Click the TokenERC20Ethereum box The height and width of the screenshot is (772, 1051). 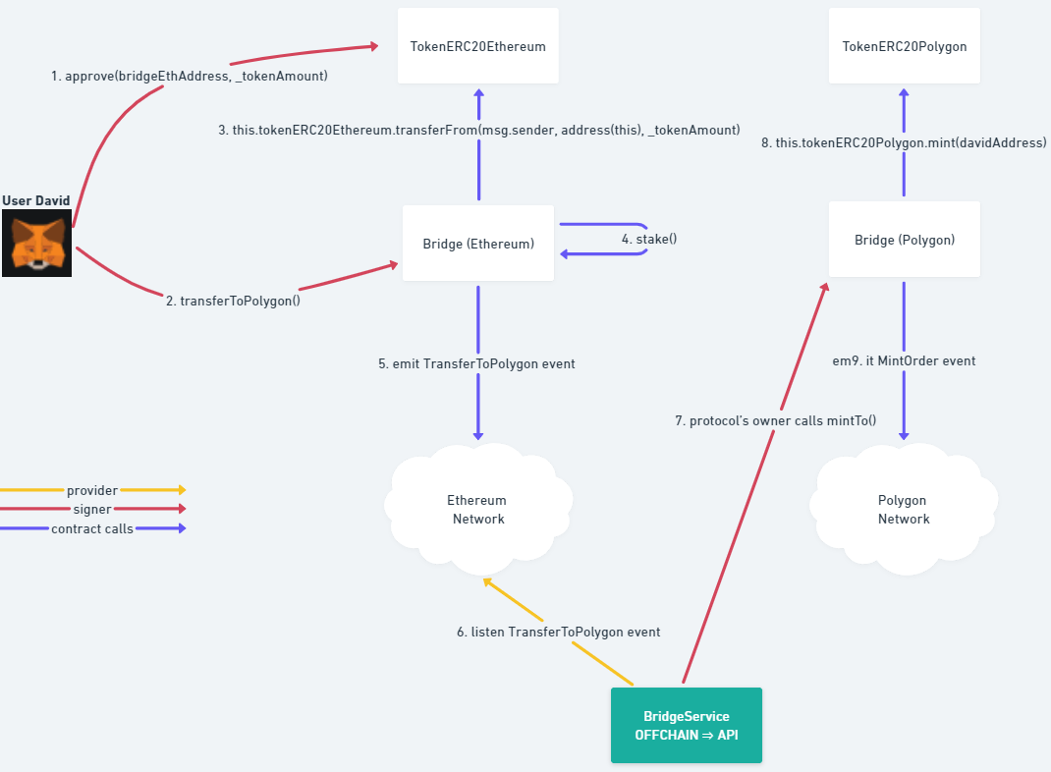tap(478, 46)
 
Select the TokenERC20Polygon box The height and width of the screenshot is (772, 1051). tap(904, 46)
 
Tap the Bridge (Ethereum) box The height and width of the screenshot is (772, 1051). tap(478, 243)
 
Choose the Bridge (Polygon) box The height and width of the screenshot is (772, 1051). tap(904, 240)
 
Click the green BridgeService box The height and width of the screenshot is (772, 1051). tap(686, 725)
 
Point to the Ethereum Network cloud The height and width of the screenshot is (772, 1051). tap(477, 509)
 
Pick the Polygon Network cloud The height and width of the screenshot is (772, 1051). tap(903, 509)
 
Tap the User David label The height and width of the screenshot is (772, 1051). tap(36, 200)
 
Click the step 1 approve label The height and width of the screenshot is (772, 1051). tap(189, 76)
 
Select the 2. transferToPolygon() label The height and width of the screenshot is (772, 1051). tap(233, 302)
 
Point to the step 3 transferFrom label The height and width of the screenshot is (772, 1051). tap(478, 130)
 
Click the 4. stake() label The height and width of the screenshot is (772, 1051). tap(649, 239)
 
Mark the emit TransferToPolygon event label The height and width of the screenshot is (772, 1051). tap(476, 363)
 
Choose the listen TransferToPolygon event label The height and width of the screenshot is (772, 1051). tap(558, 632)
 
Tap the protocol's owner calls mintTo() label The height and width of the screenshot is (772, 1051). tap(775, 420)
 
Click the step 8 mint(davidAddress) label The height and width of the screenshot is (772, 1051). tap(904, 142)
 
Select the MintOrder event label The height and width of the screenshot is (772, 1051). tap(904, 360)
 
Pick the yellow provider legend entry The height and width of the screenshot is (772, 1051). tap(92, 490)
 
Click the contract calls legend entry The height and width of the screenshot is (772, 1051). tap(92, 529)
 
